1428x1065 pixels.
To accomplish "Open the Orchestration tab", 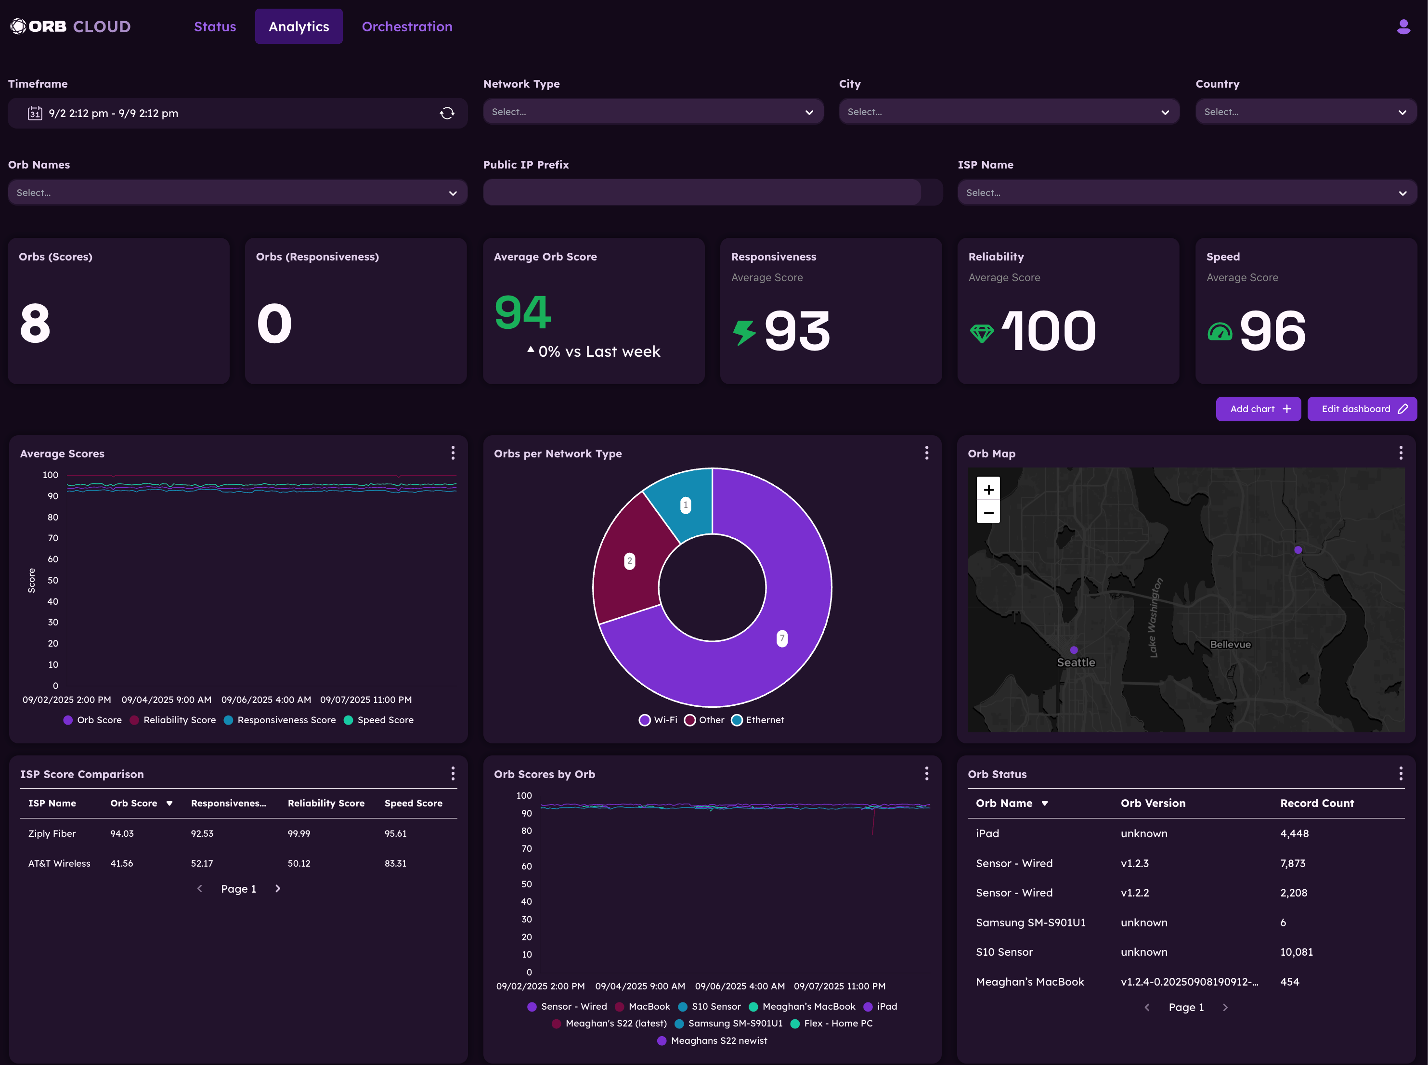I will [x=407, y=26].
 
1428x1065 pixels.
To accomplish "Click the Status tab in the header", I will [x=215, y=26].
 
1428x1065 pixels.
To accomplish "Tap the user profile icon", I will [x=1403, y=26].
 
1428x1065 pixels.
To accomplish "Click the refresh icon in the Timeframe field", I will [x=447, y=114].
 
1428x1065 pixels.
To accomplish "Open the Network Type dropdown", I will [x=652, y=112].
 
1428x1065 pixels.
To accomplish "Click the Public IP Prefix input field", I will [x=701, y=193].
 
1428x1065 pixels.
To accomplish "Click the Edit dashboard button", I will [x=1362, y=409].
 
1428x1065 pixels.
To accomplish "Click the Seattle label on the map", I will [x=1076, y=662].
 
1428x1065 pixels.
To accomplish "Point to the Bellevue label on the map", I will [x=1230, y=644].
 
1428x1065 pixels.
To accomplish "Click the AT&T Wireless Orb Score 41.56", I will [x=122, y=863].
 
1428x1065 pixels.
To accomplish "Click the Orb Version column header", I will [x=1153, y=803].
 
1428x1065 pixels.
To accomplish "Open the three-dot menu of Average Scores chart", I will [x=453, y=453].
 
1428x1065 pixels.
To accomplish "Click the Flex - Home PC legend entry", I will [x=831, y=1023].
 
